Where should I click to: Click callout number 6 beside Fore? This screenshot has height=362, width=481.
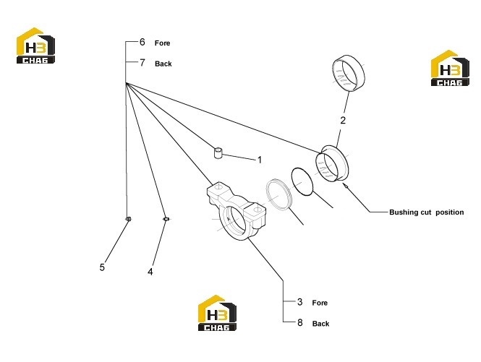142,42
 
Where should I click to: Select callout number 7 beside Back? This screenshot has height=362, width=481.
142,63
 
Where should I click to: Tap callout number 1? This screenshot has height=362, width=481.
260,160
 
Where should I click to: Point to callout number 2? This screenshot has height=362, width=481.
343,120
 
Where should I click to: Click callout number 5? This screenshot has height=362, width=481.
102,267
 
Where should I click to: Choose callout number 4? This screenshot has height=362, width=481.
150,272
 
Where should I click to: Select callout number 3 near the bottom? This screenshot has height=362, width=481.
299,302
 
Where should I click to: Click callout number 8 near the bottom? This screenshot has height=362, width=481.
299,322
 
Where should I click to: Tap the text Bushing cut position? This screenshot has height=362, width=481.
427,212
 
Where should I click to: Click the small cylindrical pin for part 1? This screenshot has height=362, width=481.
218,153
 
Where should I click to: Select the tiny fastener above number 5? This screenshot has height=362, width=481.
129,219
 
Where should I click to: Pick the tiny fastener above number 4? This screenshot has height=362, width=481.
166,219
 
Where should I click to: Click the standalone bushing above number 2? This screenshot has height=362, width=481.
349,73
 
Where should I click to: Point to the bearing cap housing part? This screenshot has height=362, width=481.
237,211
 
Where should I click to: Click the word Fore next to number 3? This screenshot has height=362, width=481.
320,303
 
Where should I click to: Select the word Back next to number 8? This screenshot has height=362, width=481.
320,324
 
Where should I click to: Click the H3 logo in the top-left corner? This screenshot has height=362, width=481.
35,46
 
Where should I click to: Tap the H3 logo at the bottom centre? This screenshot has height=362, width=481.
217,313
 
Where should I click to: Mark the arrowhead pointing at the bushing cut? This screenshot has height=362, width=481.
344,186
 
